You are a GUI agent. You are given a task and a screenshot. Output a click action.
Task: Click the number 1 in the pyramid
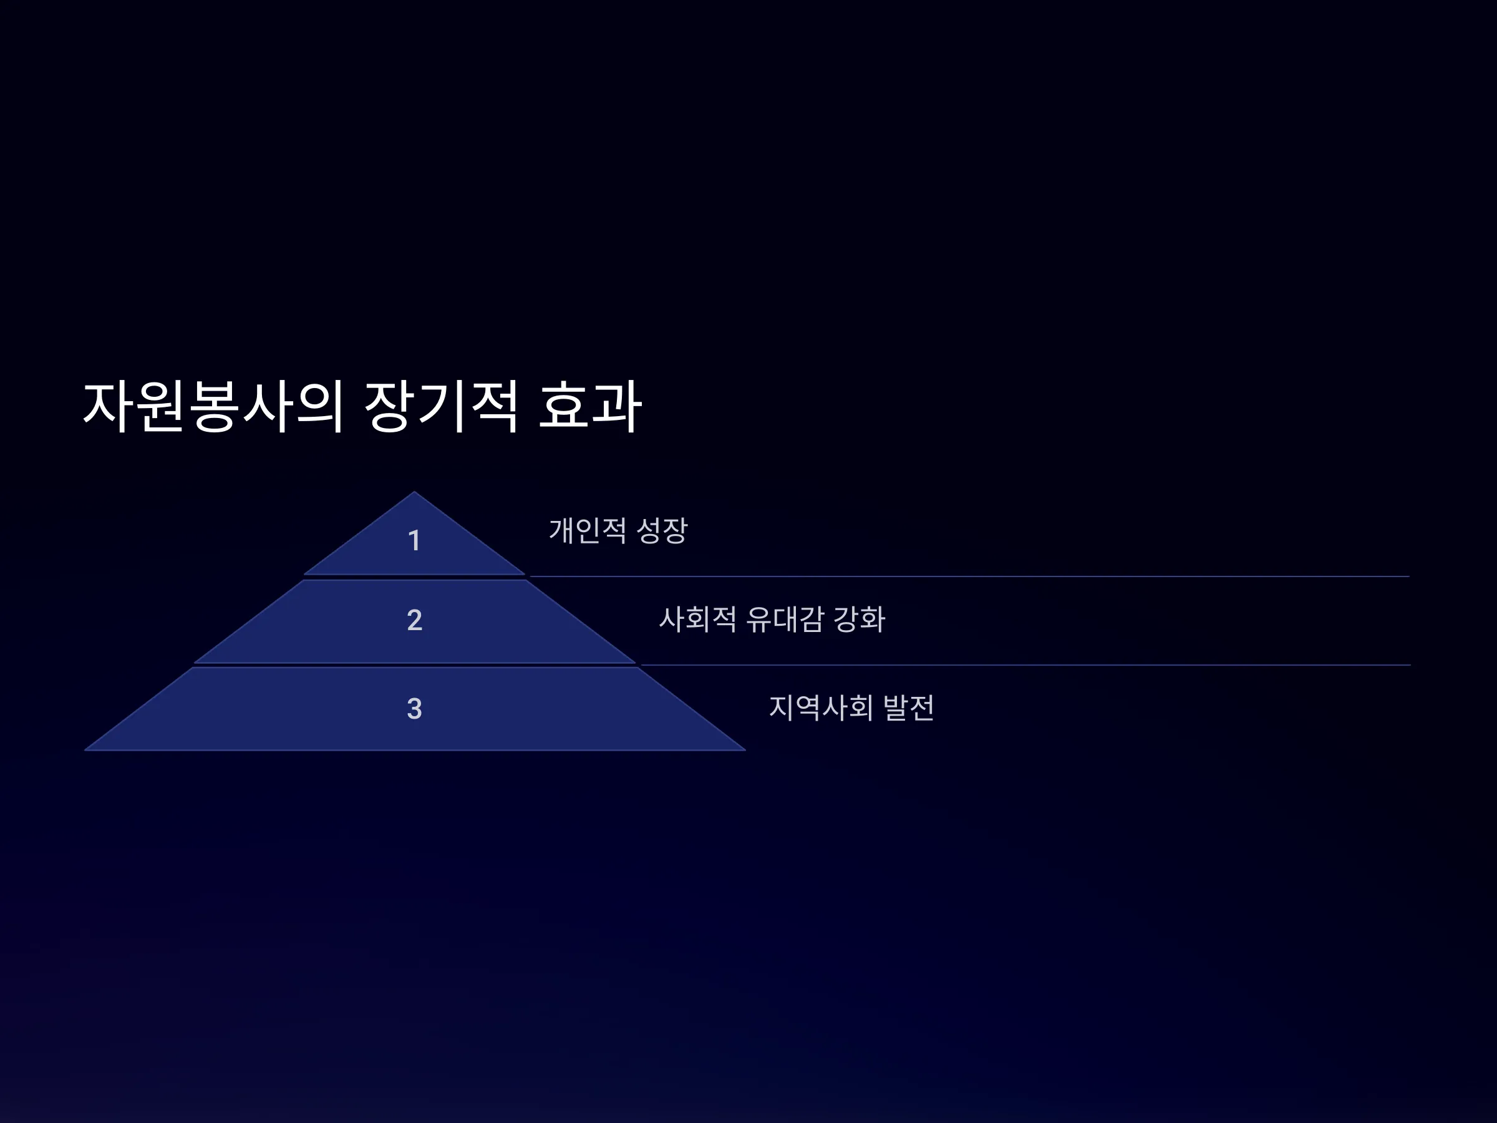[x=414, y=541]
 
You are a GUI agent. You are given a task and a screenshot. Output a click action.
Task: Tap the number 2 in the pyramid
[x=415, y=620]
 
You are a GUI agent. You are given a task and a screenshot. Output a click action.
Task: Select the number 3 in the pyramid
[x=415, y=709]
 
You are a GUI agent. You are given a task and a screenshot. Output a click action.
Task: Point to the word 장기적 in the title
[x=441, y=406]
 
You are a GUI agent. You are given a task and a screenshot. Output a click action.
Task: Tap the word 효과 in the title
[x=589, y=406]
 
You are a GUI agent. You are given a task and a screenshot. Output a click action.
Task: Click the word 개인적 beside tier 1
[x=588, y=530]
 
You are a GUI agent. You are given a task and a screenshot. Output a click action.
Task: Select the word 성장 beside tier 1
[x=662, y=530]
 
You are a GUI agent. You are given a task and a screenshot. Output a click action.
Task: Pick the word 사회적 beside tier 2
[x=698, y=620]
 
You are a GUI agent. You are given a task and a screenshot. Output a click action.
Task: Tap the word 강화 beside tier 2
[x=859, y=620]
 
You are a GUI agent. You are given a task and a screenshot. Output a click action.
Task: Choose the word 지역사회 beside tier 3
[x=821, y=708]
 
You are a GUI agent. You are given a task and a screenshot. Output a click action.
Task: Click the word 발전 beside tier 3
[x=909, y=708]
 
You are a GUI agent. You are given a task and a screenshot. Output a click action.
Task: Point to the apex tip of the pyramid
[x=414, y=492]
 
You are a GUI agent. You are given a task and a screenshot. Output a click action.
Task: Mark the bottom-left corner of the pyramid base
[x=85, y=750]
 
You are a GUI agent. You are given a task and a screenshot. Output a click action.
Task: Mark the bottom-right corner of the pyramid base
[x=745, y=750]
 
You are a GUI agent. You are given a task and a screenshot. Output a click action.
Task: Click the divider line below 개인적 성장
[x=969, y=576]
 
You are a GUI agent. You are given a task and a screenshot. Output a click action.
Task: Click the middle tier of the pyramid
[x=415, y=621]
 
